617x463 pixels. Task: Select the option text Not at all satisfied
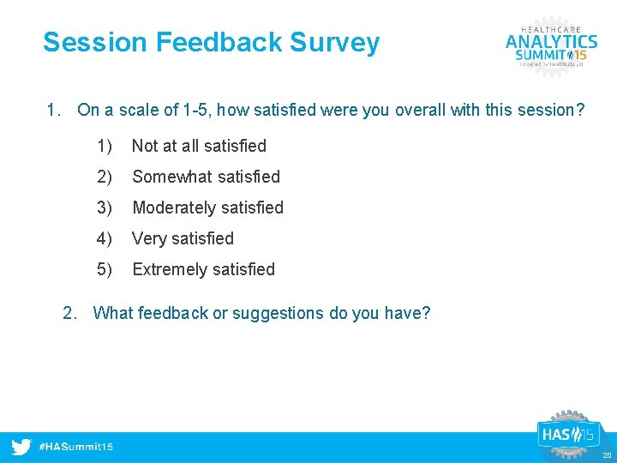coord(199,146)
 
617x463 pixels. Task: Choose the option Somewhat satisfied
coord(206,177)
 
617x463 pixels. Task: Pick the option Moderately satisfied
coord(207,207)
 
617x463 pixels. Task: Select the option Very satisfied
coord(183,238)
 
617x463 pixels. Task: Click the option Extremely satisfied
coord(203,269)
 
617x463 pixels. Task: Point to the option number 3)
coord(105,207)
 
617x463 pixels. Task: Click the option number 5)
coord(105,269)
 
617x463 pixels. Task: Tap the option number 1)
coord(105,146)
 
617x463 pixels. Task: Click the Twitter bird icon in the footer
coord(21,447)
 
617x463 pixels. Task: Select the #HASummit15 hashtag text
coord(75,447)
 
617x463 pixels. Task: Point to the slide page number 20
coord(607,455)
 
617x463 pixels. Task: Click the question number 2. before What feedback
coord(71,313)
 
